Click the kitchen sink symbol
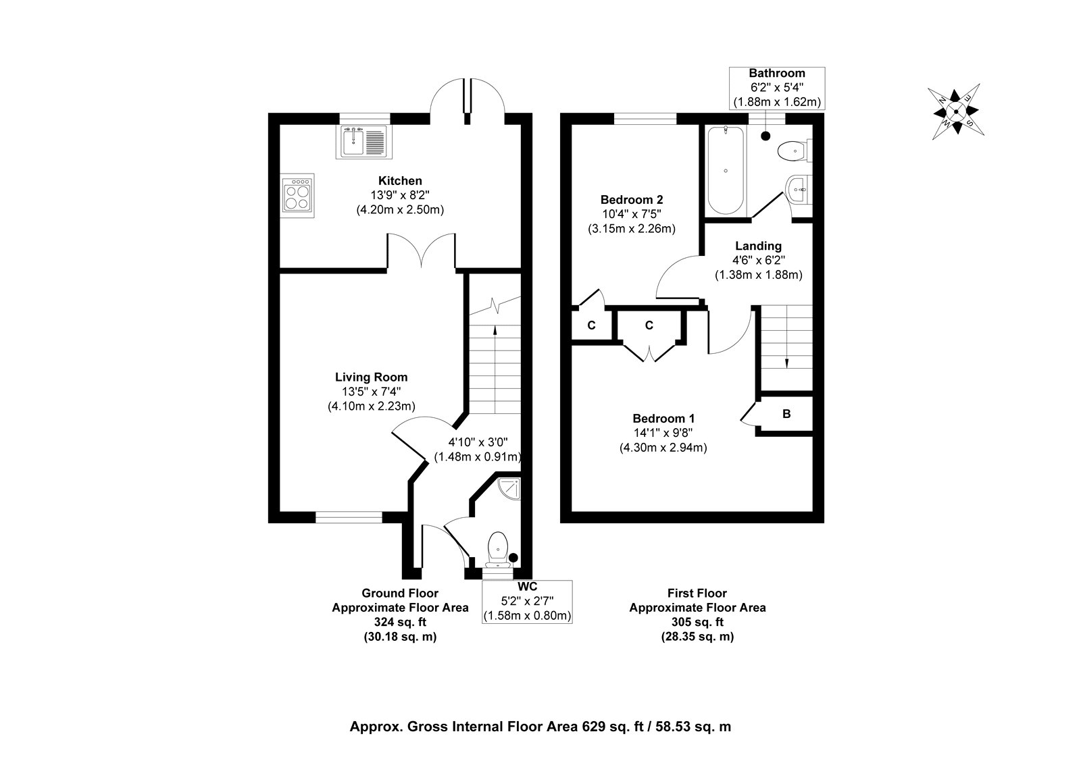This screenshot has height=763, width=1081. tap(363, 142)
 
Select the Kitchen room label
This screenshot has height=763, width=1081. tap(400, 181)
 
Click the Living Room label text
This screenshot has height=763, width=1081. tap(372, 377)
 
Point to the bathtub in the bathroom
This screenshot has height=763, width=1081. tap(726, 171)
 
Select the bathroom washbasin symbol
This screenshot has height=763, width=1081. tap(799, 190)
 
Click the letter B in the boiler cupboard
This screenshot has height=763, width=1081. tap(786, 414)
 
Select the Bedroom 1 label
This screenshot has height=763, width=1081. tap(663, 419)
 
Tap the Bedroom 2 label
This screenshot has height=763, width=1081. tap(632, 200)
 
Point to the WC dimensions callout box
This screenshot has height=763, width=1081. tap(527, 602)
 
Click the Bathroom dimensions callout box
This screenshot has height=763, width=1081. tap(777, 88)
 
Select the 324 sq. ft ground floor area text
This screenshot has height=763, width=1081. tap(400, 622)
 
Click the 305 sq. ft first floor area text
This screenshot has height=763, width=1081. tap(697, 622)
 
